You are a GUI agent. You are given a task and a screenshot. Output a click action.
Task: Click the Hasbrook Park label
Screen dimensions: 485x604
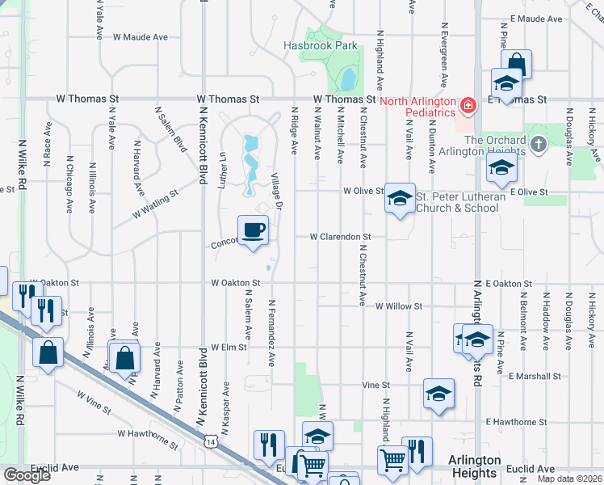(x=320, y=46)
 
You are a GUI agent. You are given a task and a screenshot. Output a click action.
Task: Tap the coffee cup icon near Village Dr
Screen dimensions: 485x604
(x=253, y=230)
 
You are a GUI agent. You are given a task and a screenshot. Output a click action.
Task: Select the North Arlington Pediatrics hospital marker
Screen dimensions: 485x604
(x=467, y=105)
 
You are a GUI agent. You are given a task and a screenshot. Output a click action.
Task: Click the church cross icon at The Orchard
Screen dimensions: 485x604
(x=539, y=145)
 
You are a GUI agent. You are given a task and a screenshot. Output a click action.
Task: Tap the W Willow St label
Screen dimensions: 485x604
(x=399, y=306)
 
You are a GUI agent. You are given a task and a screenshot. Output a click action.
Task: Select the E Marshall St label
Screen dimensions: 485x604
(x=535, y=376)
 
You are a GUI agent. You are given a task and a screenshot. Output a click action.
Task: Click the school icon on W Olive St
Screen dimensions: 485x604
(x=399, y=198)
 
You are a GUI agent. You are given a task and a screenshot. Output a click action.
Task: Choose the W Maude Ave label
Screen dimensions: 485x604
(x=141, y=37)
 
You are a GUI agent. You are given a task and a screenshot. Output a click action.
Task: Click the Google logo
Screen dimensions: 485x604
(x=27, y=475)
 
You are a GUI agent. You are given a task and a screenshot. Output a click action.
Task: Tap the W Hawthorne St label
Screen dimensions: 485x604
(x=147, y=438)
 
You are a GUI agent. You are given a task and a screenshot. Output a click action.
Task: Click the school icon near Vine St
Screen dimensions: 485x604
(x=439, y=394)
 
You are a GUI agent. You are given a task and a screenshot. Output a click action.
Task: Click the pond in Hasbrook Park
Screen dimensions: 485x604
(x=349, y=78)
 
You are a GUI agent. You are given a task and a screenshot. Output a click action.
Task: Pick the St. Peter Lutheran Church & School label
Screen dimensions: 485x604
(x=460, y=202)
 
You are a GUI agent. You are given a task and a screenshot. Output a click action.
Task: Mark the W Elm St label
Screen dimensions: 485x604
(x=229, y=347)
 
